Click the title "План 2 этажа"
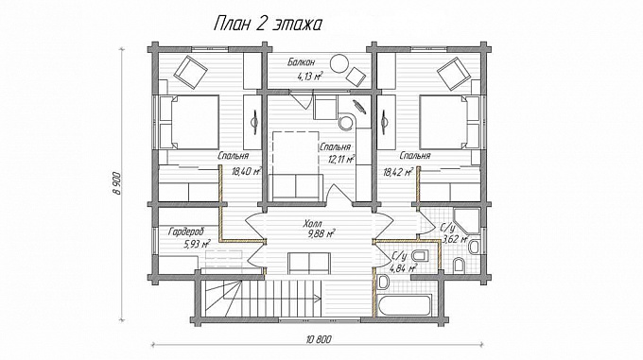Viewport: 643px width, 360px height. (268, 24)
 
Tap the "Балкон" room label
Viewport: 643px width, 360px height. (301, 62)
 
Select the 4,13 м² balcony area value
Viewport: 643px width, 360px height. (309, 76)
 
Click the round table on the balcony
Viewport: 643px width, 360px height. (340, 64)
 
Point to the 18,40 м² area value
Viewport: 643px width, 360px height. (247, 171)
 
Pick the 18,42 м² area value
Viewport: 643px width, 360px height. (398, 172)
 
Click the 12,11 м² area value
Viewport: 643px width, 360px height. (341, 159)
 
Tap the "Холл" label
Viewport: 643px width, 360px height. (313, 224)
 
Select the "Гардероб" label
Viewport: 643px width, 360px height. (185, 231)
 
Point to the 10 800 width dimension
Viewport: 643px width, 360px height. (319, 338)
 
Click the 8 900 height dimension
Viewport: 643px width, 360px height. (117, 183)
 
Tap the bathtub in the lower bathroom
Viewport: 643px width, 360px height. (405, 304)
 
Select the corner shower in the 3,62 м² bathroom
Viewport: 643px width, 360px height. (466, 221)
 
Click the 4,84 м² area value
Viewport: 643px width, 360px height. (404, 268)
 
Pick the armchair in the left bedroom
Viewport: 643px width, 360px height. (191, 72)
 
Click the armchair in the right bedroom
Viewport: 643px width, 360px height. (454, 74)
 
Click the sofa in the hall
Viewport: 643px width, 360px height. (309, 263)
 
